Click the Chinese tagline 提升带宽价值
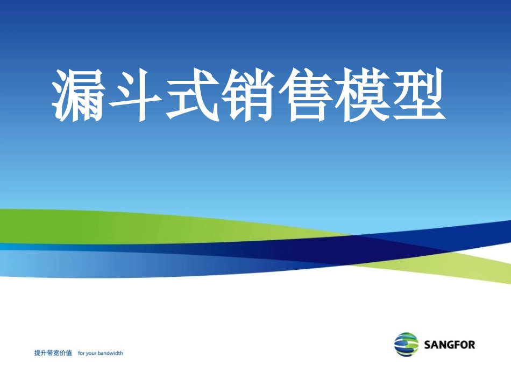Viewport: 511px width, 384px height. (53, 353)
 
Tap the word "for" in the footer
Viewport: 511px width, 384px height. (81, 353)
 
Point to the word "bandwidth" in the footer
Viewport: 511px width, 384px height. (111, 353)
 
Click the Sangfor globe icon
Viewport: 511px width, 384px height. (406, 344)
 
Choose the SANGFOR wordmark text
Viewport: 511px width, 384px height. (449, 345)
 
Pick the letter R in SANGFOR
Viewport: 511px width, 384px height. (471, 345)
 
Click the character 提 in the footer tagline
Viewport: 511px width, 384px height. (37, 353)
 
